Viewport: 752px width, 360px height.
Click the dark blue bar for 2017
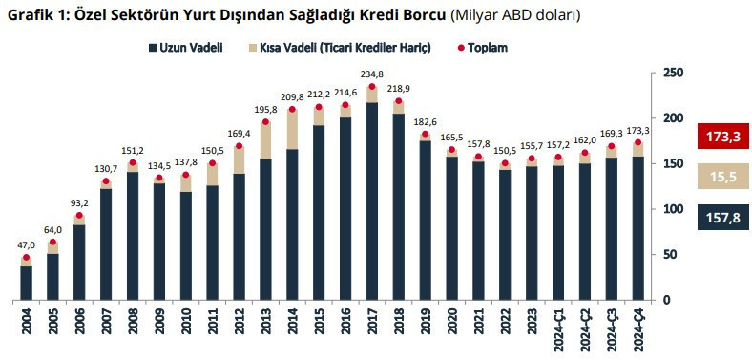click(372, 201)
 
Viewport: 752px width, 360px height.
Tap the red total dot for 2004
click(27, 258)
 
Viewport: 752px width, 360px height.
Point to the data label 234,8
click(372, 74)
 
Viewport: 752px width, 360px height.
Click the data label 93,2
click(80, 203)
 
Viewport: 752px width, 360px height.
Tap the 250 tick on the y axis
click(673, 73)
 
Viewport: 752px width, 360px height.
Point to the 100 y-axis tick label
click(673, 209)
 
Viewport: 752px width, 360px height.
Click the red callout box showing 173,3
click(721, 137)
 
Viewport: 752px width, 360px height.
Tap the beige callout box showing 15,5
click(721, 178)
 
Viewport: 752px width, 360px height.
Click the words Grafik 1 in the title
click(39, 16)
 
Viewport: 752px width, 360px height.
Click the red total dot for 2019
click(425, 135)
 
